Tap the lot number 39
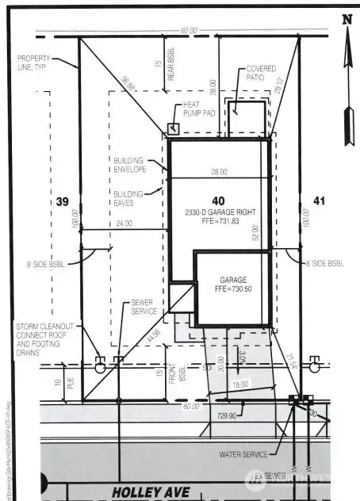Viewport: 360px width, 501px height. [x=63, y=202]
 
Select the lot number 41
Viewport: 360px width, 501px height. [x=319, y=201]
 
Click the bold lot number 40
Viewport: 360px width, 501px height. [x=217, y=200]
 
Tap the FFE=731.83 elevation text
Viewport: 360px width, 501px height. [x=220, y=221]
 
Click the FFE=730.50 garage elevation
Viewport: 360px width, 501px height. [x=232, y=290]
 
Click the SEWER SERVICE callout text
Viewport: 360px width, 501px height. [x=143, y=308]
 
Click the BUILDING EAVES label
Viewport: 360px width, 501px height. [x=129, y=198]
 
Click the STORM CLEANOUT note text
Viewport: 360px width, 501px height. [x=45, y=336]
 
